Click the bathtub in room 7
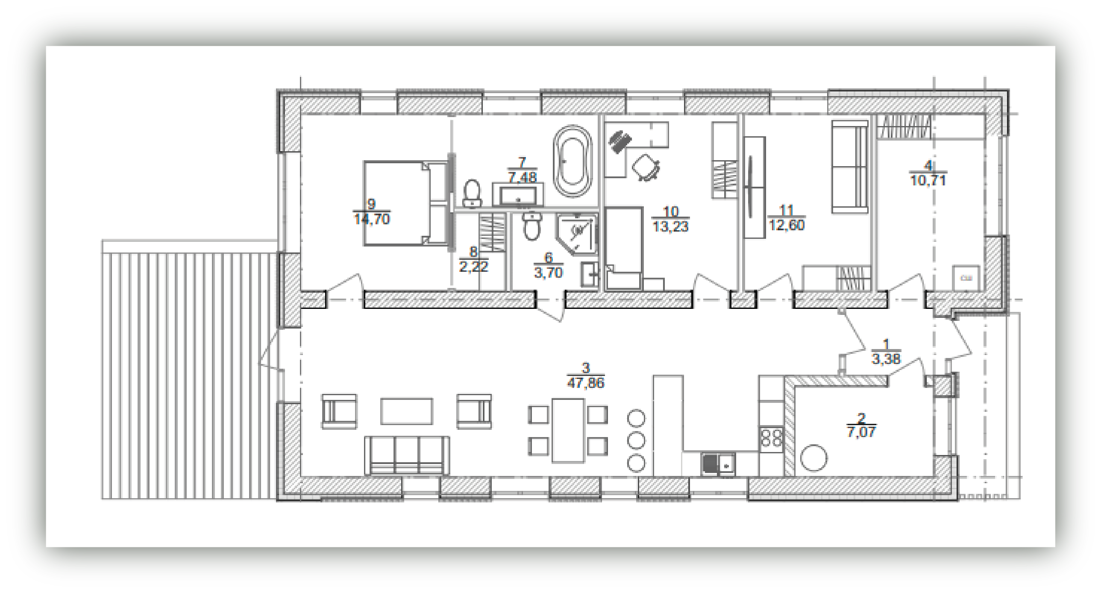[x=573, y=161]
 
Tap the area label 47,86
[x=586, y=382]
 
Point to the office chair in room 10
[x=646, y=167]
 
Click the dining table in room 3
[x=568, y=430]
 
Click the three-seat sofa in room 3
[x=406, y=455]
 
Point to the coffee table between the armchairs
[x=406, y=411]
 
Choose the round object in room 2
[x=813, y=458]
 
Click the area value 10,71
[x=928, y=180]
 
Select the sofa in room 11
[x=850, y=166]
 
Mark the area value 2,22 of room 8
[x=473, y=267]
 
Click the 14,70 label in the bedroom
[x=372, y=219]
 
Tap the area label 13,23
[x=670, y=226]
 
